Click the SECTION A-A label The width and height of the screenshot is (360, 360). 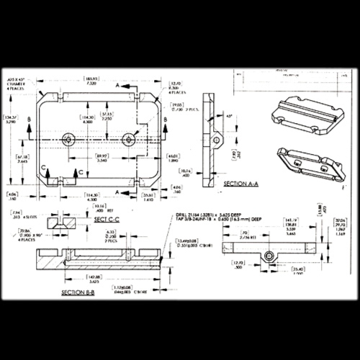(243, 184)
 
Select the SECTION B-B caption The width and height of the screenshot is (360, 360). (80, 293)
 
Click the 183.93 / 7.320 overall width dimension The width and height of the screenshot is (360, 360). (91, 81)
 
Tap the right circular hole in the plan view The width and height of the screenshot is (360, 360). (129, 139)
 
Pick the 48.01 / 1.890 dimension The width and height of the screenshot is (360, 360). (173, 158)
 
